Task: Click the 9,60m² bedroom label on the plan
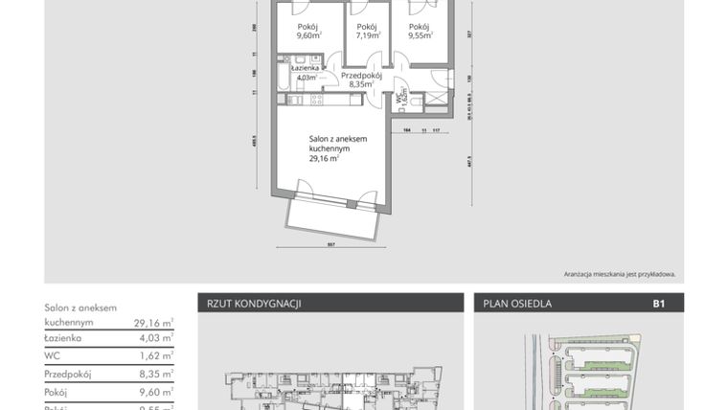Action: point(307,32)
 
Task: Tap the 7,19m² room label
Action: point(367,32)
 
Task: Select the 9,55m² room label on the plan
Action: point(420,32)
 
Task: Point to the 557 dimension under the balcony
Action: point(330,244)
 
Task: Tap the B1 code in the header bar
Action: point(659,304)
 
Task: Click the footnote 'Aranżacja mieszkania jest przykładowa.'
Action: point(620,273)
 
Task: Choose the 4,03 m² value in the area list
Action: point(153,338)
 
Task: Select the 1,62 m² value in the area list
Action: point(153,356)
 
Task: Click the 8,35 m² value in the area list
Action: point(153,374)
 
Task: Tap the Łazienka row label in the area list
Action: point(64,338)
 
